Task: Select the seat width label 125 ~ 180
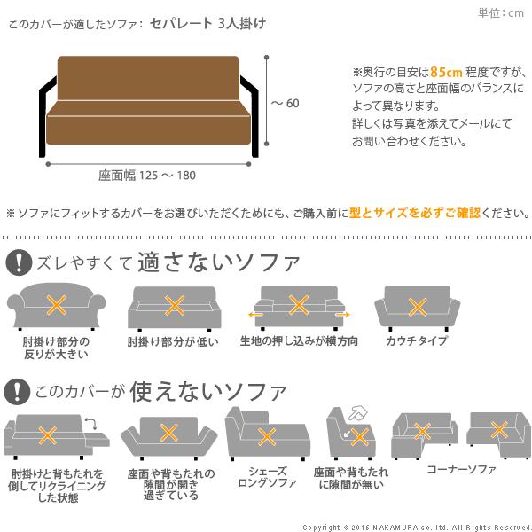point(147,175)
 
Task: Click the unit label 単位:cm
point(501,12)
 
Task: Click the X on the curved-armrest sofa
point(56,307)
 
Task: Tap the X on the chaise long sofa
point(264,436)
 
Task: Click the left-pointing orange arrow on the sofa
point(254,314)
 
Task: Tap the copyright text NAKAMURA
point(403,525)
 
